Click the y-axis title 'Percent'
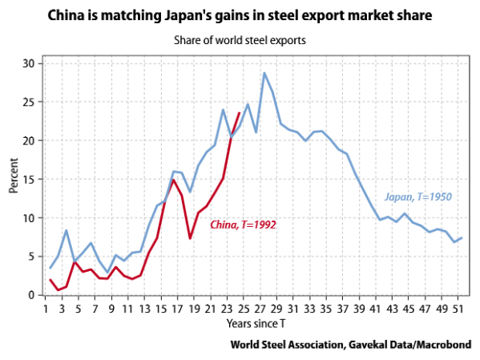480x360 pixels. point(13,178)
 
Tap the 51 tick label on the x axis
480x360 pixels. point(457,307)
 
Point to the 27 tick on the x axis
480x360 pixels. point(264,307)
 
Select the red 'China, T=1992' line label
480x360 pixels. point(243,225)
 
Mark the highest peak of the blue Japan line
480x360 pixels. point(264,73)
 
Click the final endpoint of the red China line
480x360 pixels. point(240,113)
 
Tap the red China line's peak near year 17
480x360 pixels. point(173,180)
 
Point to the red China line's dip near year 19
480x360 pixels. point(190,238)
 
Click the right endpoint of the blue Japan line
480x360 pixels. point(462,237)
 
